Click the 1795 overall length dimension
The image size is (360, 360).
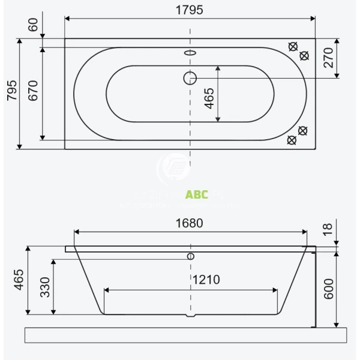pos(190,10)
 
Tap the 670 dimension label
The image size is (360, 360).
pos(34,94)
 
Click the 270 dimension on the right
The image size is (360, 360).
pos(343,58)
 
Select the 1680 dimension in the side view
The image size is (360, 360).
pos(190,223)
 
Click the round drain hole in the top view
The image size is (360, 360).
pos(190,77)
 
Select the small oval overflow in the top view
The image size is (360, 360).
pos(190,52)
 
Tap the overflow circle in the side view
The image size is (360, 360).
pos(191,256)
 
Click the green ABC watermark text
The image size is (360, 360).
pos(197,194)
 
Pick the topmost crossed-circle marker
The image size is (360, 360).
pos(293,47)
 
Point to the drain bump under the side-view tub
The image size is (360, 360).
pos(191,316)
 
